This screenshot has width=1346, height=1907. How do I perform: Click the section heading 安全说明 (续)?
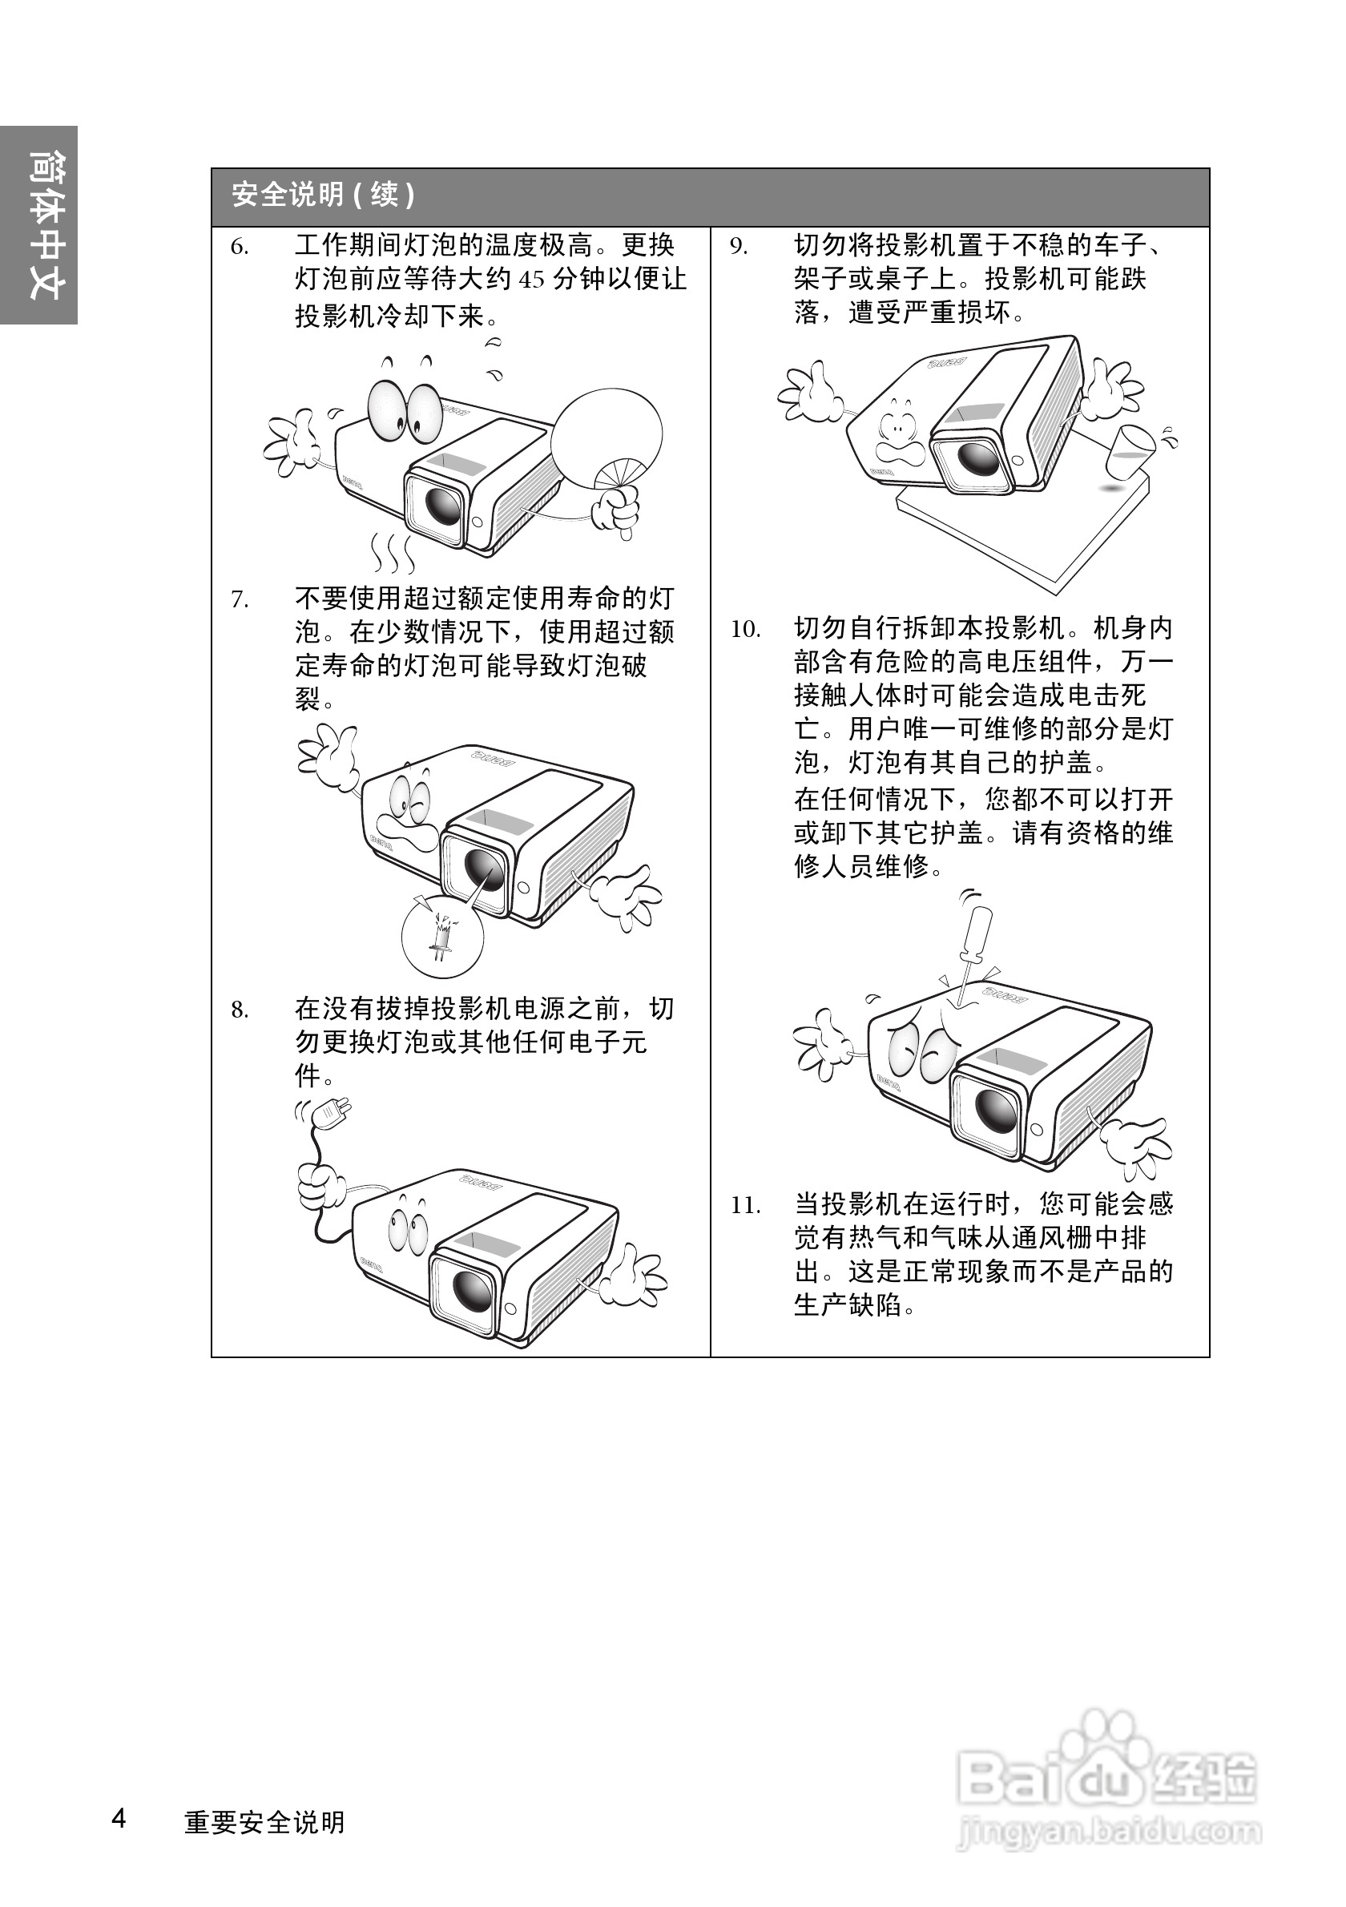click(x=323, y=196)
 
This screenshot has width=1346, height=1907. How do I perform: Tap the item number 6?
click(x=239, y=247)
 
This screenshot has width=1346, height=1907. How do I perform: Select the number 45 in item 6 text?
click(x=532, y=280)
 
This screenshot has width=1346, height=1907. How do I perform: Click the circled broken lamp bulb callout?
click(x=441, y=933)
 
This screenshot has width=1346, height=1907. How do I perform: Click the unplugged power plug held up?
click(x=334, y=1113)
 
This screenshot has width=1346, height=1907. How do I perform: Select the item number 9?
click(x=738, y=247)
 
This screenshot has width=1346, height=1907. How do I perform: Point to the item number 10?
click(x=745, y=629)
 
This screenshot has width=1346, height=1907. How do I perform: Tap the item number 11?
click(x=745, y=1205)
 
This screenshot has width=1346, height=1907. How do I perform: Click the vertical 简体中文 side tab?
click(x=39, y=225)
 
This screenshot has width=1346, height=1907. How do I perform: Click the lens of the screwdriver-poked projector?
click(x=994, y=1111)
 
